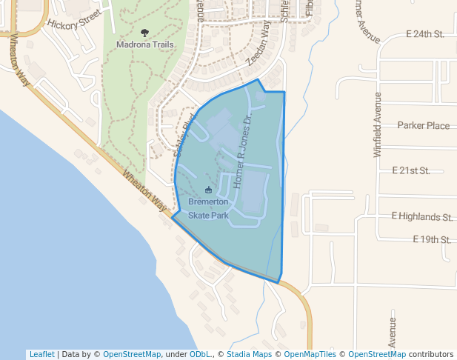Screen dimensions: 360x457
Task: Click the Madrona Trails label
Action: [x=145, y=44]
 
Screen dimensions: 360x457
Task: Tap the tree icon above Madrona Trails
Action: [x=144, y=33]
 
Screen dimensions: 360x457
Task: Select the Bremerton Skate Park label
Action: [x=208, y=208]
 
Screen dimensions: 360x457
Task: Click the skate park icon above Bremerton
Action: [x=208, y=191]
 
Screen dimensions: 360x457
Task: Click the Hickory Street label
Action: [x=73, y=19]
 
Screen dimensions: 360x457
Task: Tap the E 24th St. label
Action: [x=425, y=35]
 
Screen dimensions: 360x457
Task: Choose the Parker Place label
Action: [x=423, y=126]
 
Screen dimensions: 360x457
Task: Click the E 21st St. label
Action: [x=411, y=170]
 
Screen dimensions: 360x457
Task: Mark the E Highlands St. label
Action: [x=421, y=217]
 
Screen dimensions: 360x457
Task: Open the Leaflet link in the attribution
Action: [x=41, y=354]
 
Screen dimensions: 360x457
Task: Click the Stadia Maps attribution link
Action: [x=250, y=354]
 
